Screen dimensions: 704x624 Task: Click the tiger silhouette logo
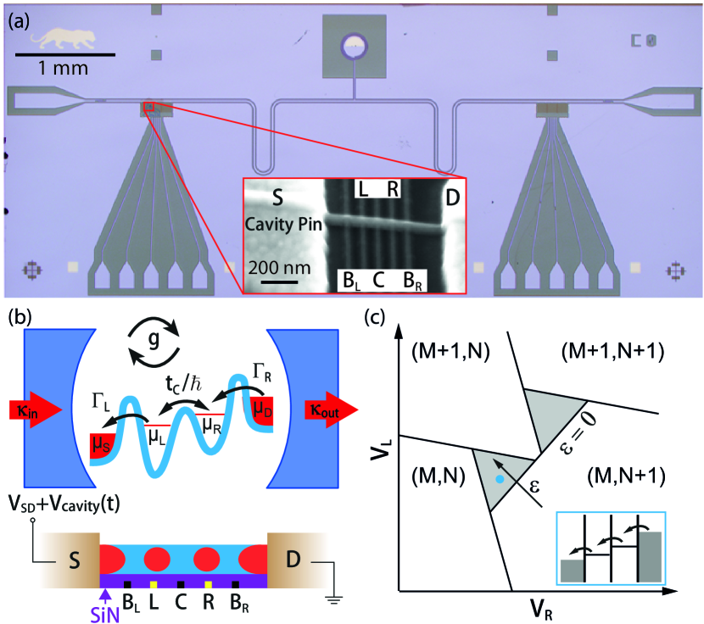[63, 39]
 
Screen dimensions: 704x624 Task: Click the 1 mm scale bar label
[64, 68]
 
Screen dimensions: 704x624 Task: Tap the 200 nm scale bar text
[279, 268]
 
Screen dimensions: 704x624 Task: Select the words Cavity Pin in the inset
[283, 225]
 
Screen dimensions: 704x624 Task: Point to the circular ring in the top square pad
[355, 46]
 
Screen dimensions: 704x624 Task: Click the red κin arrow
[35, 409]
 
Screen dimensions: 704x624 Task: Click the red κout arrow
[332, 409]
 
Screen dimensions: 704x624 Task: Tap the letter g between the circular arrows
[154, 340]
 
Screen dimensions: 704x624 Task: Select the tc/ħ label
[184, 384]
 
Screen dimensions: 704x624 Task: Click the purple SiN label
[105, 614]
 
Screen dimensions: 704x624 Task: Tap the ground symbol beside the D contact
[334, 599]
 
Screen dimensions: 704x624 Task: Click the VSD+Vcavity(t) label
[64, 504]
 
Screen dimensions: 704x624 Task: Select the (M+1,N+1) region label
[613, 351]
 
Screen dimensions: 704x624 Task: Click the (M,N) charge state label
[438, 476]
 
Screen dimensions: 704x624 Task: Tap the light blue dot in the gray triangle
[499, 480]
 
